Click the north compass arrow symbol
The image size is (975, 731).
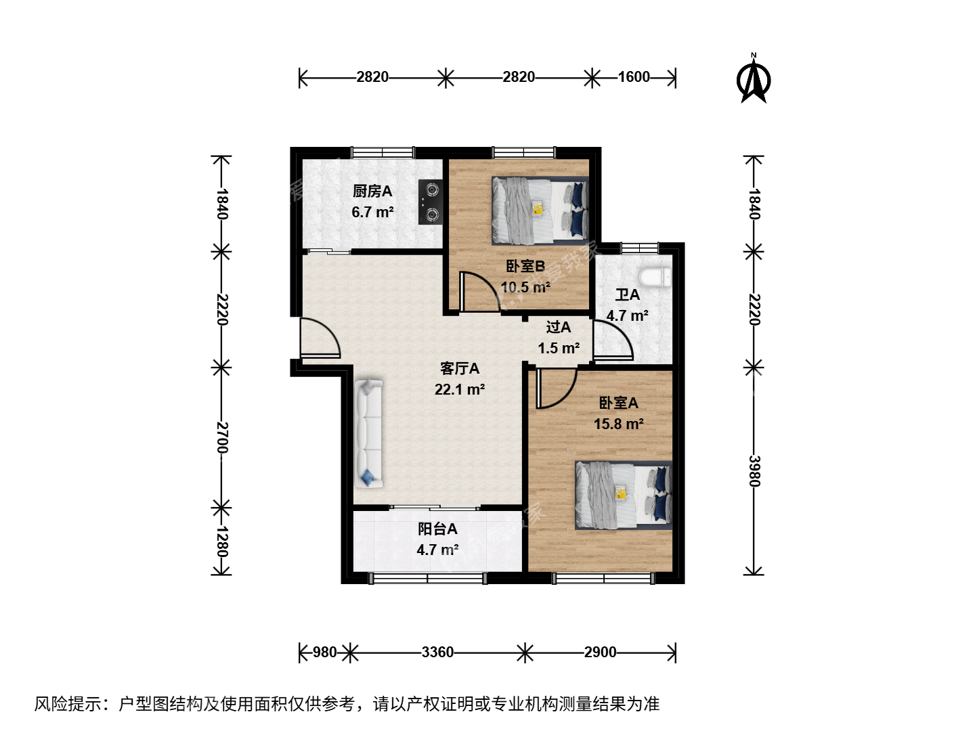pos(754,79)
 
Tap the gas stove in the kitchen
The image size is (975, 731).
pos(431,202)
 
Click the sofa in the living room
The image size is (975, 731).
pos(369,433)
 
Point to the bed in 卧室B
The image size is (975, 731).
pos(540,211)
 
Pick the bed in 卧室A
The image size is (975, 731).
pos(623,495)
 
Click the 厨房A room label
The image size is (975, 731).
pos(372,192)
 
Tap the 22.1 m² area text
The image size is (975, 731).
pos(459,389)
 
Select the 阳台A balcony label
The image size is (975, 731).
pos(437,529)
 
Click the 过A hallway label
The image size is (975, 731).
pos(559,327)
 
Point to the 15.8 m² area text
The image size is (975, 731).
pos(619,424)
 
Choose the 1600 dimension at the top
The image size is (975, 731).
pos(634,77)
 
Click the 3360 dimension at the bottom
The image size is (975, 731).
pos(437,652)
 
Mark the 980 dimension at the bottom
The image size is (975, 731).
pos(325,652)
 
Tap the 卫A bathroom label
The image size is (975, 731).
pos(627,294)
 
